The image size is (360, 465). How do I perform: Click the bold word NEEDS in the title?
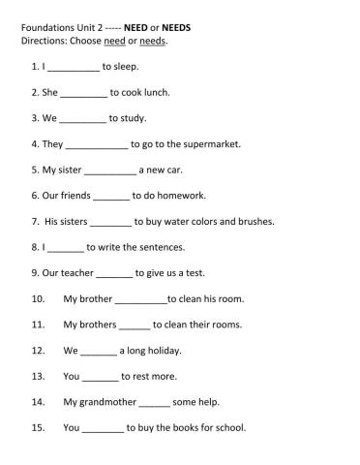[176, 28]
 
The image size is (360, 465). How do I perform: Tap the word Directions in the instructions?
[44, 42]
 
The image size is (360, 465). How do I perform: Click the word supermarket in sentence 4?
[207, 144]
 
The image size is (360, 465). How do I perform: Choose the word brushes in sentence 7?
[255, 222]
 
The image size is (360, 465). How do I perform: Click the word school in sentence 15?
[229, 427]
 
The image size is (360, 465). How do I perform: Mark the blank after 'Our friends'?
[111, 197]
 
